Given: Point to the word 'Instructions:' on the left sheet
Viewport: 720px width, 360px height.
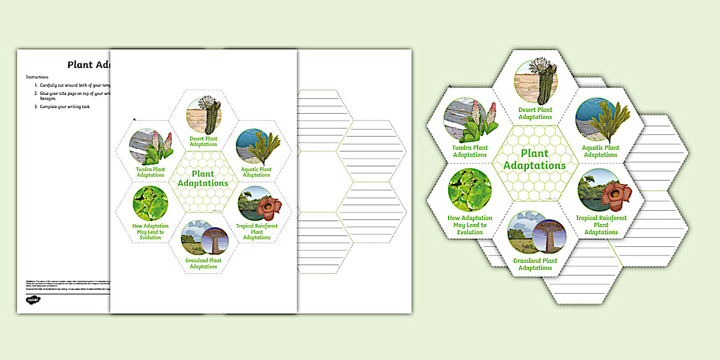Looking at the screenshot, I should click(x=38, y=77).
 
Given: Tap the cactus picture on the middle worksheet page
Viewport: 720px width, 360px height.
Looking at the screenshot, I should click(x=204, y=114).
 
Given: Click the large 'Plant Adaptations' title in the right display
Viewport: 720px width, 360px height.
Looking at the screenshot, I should click(x=535, y=159).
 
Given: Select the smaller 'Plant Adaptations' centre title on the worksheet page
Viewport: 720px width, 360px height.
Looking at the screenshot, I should click(x=203, y=178).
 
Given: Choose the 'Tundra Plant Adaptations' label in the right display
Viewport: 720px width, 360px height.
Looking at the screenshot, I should click(x=470, y=151).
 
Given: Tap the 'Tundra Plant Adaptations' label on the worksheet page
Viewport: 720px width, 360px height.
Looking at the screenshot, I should click(x=151, y=172).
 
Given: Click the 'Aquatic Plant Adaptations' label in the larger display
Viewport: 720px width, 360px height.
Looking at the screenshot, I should click(x=601, y=151).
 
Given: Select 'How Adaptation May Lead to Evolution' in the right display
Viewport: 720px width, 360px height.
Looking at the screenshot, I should click(x=470, y=225).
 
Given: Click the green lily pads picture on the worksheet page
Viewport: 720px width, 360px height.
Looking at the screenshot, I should click(x=150, y=203).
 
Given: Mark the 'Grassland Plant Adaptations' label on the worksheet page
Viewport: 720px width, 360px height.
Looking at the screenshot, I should click(x=203, y=263).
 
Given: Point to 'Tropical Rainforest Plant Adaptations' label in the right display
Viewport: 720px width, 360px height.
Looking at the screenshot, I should click(x=601, y=225).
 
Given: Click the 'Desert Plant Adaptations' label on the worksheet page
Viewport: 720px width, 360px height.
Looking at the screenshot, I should click(x=203, y=141).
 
